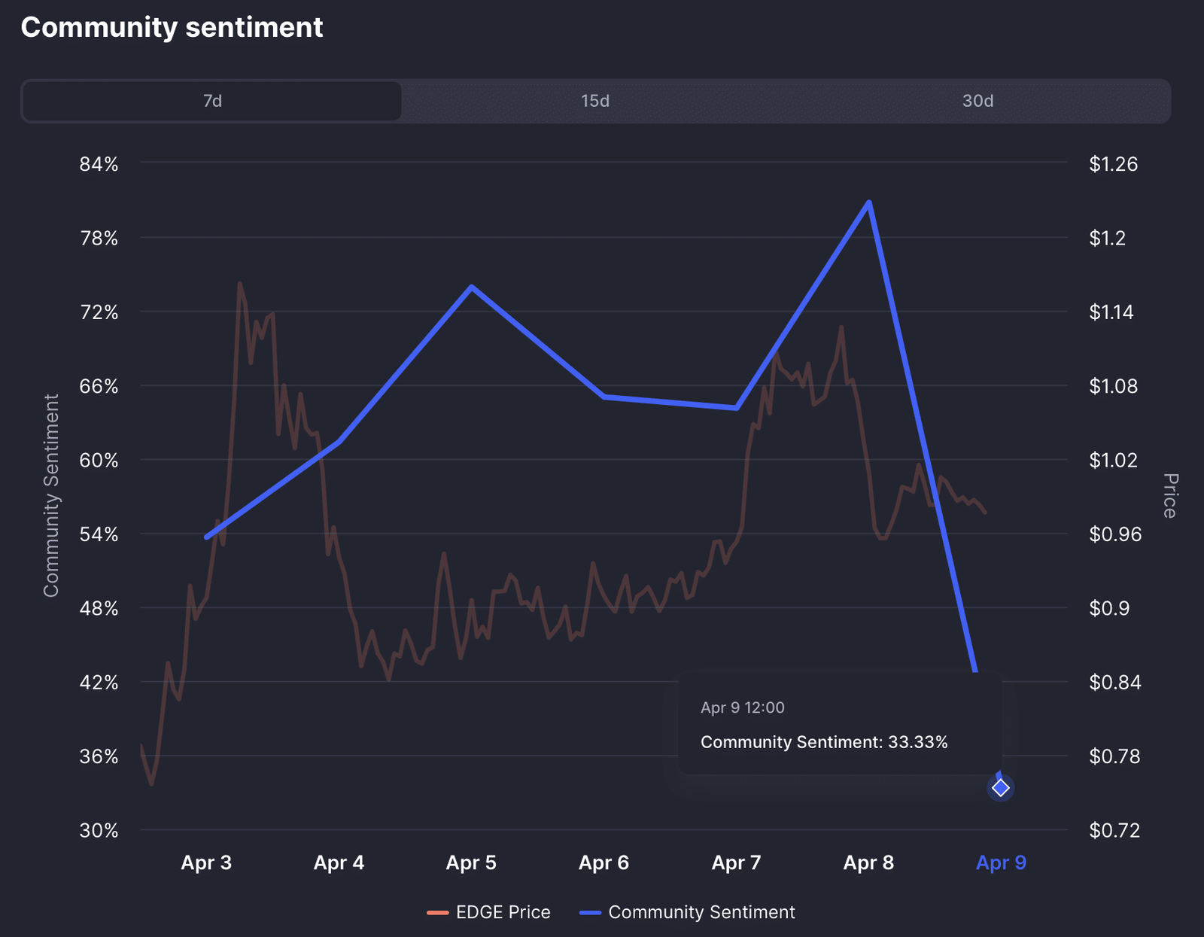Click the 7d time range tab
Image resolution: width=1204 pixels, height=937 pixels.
[212, 101]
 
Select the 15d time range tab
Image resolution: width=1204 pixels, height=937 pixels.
[595, 101]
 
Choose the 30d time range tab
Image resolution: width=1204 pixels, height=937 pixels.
[977, 101]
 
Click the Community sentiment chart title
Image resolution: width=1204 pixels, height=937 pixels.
[172, 28]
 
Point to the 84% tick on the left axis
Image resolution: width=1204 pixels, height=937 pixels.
[99, 164]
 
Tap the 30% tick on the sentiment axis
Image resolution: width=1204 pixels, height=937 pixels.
[99, 830]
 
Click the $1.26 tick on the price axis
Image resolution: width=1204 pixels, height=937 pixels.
[1113, 164]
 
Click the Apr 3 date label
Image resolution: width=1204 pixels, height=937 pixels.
[206, 862]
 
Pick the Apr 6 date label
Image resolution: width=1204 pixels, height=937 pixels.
[604, 862]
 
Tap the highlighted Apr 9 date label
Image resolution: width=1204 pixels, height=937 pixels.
[1001, 862]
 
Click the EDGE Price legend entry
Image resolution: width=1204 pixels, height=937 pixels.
[489, 912]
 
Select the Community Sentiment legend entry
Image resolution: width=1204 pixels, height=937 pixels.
[687, 912]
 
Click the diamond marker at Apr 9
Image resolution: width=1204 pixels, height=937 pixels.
[1000, 788]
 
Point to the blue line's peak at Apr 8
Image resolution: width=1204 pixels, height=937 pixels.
[869, 202]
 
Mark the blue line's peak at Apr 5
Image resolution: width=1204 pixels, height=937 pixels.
[471, 287]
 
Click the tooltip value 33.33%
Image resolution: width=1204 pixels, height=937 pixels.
[917, 742]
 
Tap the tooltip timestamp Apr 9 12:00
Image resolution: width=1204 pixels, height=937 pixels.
[742, 707]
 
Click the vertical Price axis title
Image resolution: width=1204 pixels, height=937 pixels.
[1169, 496]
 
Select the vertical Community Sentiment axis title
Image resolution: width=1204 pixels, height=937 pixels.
[51, 496]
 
